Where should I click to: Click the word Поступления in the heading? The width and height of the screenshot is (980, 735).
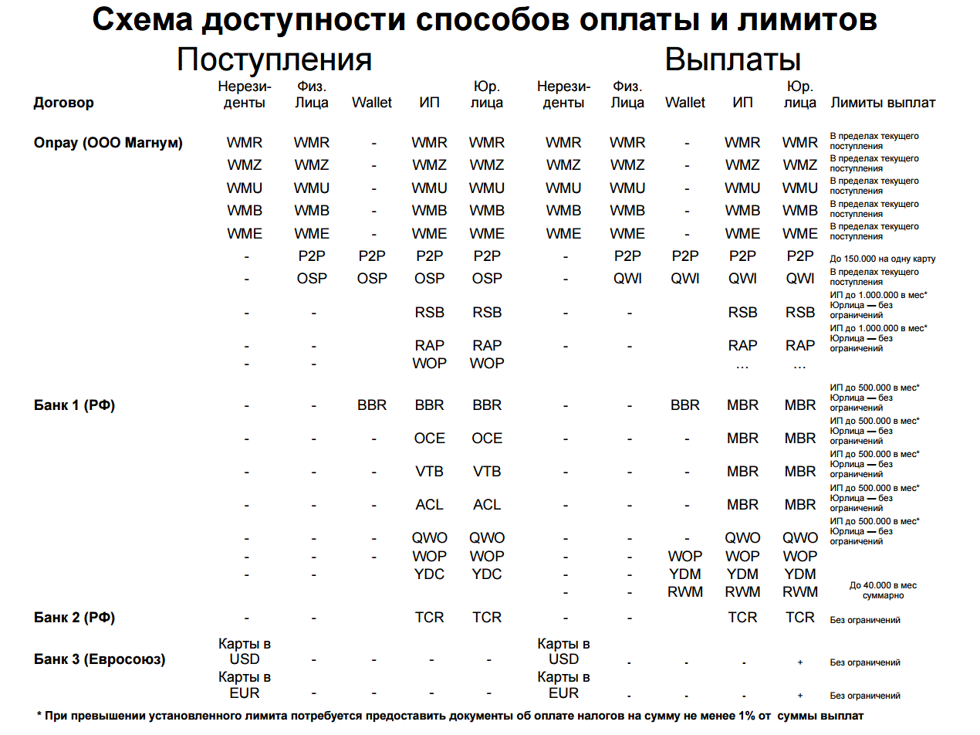(274, 60)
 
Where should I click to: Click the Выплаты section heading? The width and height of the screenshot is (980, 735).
(732, 60)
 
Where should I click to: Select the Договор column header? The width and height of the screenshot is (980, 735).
(63, 103)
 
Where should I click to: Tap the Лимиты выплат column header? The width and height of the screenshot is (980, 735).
(882, 103)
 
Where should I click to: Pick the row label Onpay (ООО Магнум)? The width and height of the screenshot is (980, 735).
(108, 143)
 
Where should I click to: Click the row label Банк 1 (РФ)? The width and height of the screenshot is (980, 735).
(74, 405)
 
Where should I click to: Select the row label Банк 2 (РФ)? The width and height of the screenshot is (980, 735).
(74, 617)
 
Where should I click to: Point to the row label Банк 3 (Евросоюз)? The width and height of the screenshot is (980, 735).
(100, 659)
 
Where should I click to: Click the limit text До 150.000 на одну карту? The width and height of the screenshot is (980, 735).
(882, 259)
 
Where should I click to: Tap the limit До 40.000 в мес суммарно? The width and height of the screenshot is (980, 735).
(883, 591)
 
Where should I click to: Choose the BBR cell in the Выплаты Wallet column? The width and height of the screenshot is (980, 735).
(685, 405)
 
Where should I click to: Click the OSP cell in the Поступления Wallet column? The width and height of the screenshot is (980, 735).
(372, 278)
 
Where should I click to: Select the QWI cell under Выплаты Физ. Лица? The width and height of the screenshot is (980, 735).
(627, 278)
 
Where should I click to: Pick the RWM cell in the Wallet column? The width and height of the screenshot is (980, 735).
(685, 592)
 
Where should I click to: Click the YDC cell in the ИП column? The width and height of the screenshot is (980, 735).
(429, 574)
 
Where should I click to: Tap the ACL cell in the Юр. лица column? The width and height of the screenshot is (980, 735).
(487, 505)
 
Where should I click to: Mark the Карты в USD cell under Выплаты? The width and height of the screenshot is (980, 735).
(564, 651)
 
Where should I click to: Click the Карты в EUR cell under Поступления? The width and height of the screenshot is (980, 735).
(245, 685)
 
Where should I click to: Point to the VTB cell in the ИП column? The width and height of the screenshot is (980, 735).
(429, 471)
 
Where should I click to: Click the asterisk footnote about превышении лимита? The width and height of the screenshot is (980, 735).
(450, 716)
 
